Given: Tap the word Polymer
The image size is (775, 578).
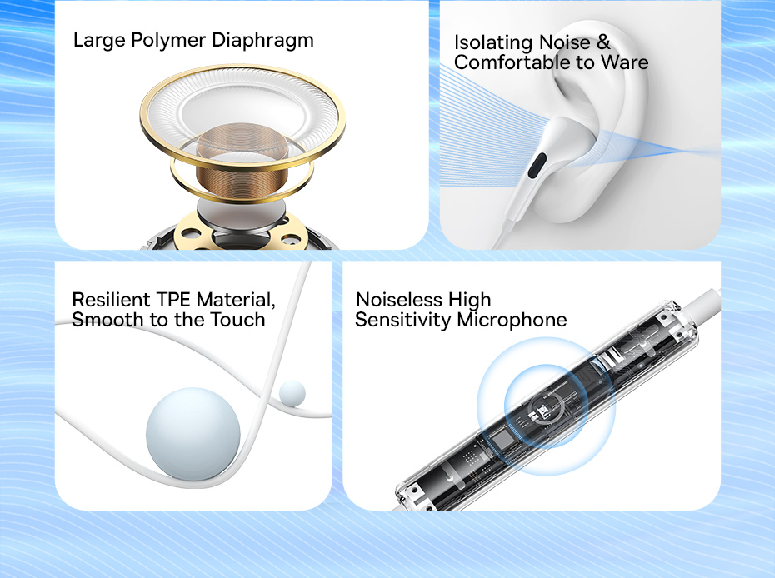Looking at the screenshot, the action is (x=168, y=41).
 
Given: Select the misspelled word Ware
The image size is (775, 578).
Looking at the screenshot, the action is (x=624, y=62).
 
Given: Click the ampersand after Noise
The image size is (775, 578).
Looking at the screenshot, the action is (x=603, y=42).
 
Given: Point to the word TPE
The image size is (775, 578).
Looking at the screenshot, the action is (x=173, y=300).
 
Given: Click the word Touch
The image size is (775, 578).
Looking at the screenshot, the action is (x=237, y=320).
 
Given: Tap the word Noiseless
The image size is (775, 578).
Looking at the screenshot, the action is (x=399, y=300).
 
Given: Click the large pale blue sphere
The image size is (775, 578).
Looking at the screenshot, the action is (x=193, y=434).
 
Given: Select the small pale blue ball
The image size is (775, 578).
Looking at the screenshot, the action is (x=292, y=393).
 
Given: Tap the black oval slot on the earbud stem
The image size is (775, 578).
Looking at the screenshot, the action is (x=537, y=166).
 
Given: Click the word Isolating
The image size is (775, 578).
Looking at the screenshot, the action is (x=494, y=43).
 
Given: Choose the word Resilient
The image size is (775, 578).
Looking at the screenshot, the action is (x=111, y=300).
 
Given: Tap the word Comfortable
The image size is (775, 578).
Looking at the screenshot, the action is (x=512, y=62).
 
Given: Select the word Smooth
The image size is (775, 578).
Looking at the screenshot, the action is (x=107, y=320).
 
